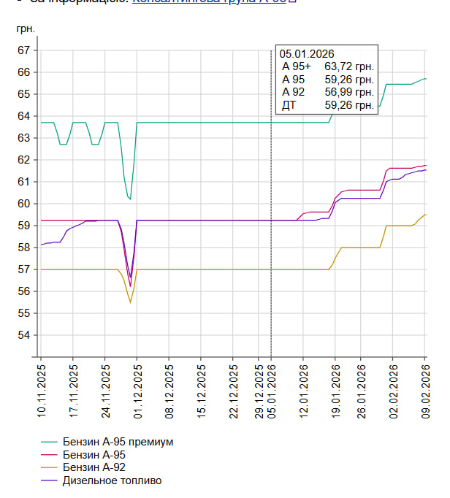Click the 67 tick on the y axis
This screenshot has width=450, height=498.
tap(25, 50)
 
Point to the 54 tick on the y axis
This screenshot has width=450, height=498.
tap(25, 335)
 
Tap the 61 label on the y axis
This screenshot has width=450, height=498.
tap(25, 182)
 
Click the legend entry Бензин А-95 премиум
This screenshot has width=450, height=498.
tap(118, 443)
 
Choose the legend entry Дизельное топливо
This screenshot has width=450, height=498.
tap(112, 480)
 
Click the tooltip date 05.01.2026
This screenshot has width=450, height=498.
tap(306, 53)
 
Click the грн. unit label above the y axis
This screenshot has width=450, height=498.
tap(26, 29)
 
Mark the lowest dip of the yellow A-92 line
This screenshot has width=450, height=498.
tap(130, 302)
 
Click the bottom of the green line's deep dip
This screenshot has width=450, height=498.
tap(129, 199)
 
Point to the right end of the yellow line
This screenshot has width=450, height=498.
tap(425, 215)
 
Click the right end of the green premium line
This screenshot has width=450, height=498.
tap(425, 78)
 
